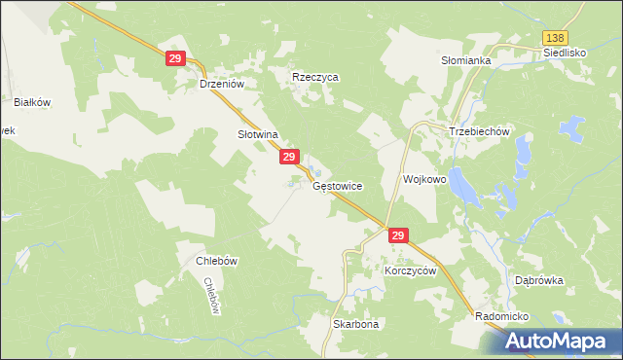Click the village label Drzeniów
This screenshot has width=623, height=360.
pos(220,85)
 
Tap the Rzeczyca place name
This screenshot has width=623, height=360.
pos(315,77)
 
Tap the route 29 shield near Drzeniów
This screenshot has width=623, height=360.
pos(176,59)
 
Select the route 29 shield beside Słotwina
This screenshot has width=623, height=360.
pos(289,157)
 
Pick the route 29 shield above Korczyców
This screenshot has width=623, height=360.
pos(397,235)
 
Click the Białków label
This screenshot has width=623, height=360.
pos(32,101)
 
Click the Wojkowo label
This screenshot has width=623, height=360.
pos(424,180)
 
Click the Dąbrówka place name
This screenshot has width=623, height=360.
pos(539,280)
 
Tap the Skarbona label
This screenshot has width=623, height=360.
pos(355,324)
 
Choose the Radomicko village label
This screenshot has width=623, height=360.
pos(501,317)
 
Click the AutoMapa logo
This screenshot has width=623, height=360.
pos(559,342)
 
